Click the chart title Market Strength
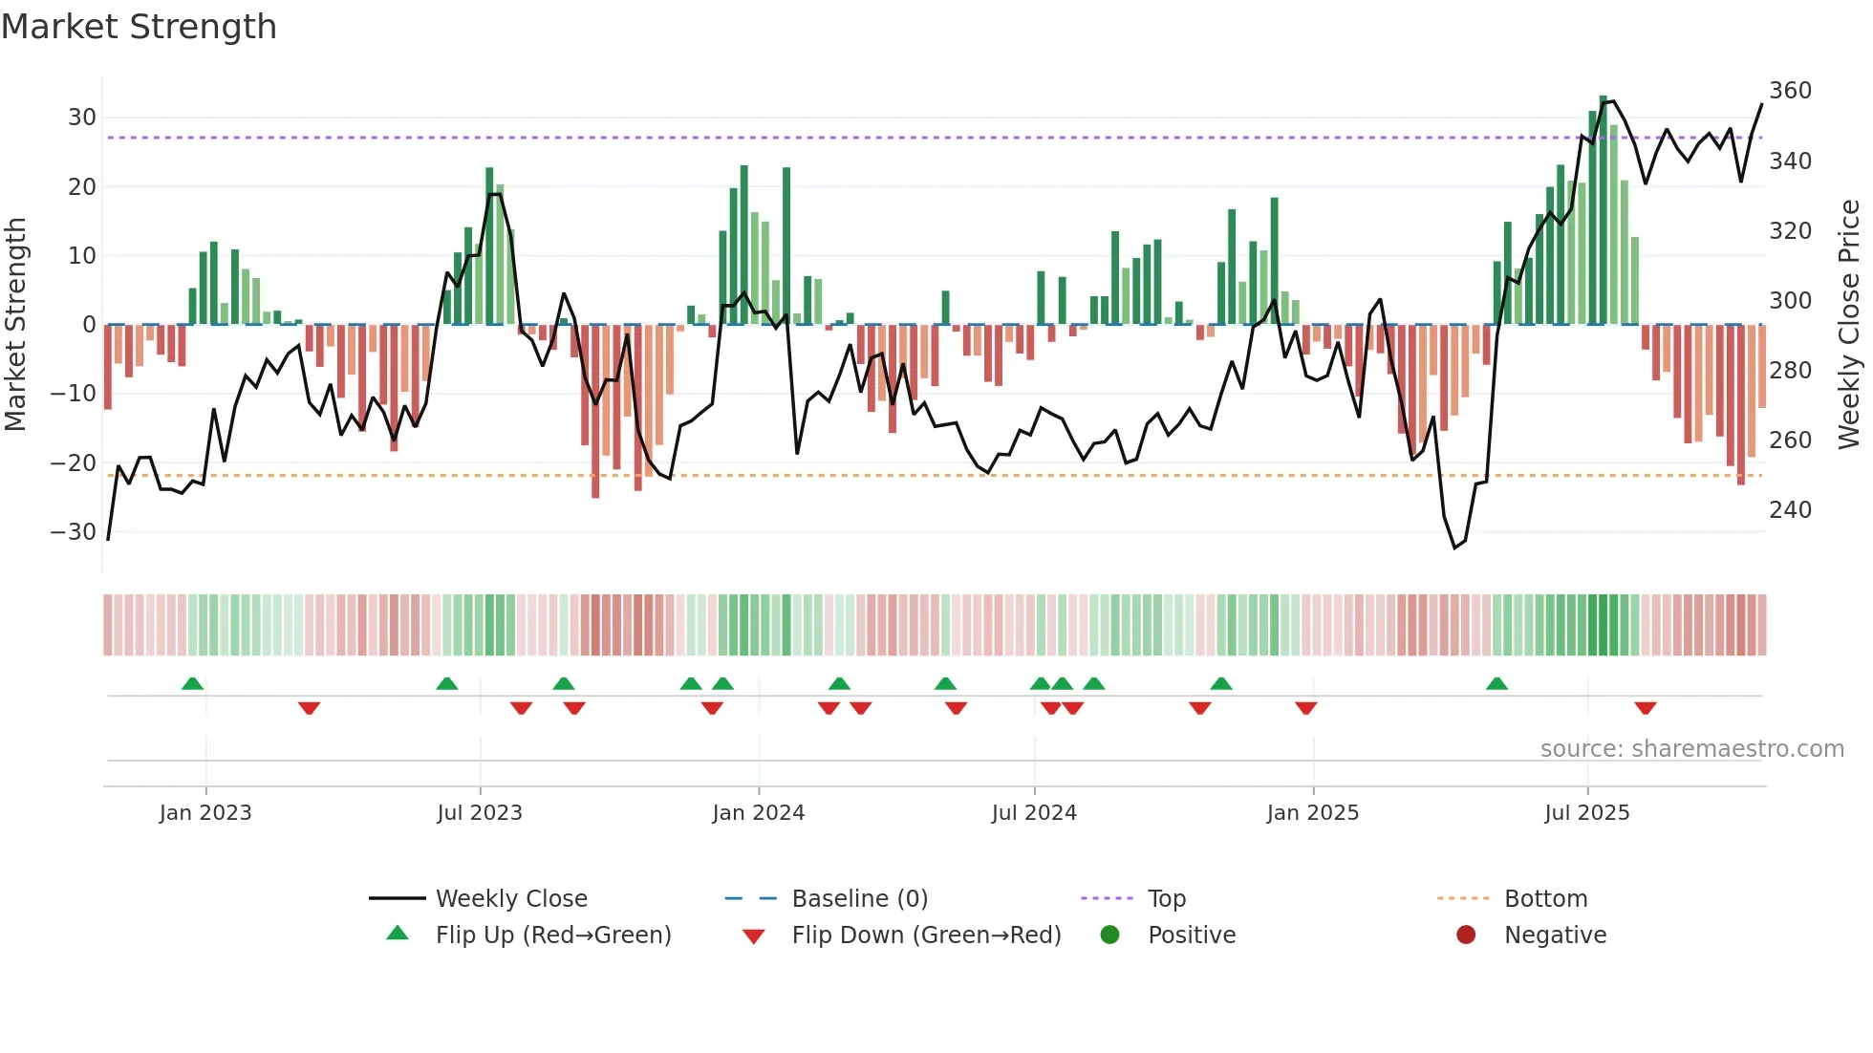tap(139, 27)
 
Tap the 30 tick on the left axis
tap(82, 118)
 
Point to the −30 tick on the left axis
tap(75, 532)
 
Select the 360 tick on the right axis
tap(1790, 91)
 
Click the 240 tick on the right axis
tap(1790, 510)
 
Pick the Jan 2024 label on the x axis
tap(758, 813)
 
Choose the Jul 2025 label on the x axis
tap(1586, 813)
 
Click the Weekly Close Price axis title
tap(1849, 325)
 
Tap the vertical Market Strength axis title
tap(15, 325)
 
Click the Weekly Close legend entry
tap(510, 899)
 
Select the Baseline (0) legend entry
tap(859, 899)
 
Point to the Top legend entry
tap(1166, 899)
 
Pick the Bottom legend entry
tap(1545, 899)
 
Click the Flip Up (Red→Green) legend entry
tap(552, 935)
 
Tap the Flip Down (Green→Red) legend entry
tap(925, 935)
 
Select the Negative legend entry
tap(1554, 935)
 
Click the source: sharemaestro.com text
tap(1691, 749)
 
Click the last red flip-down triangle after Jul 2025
tap(1645, 708)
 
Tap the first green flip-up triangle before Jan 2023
tap(192, 683)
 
